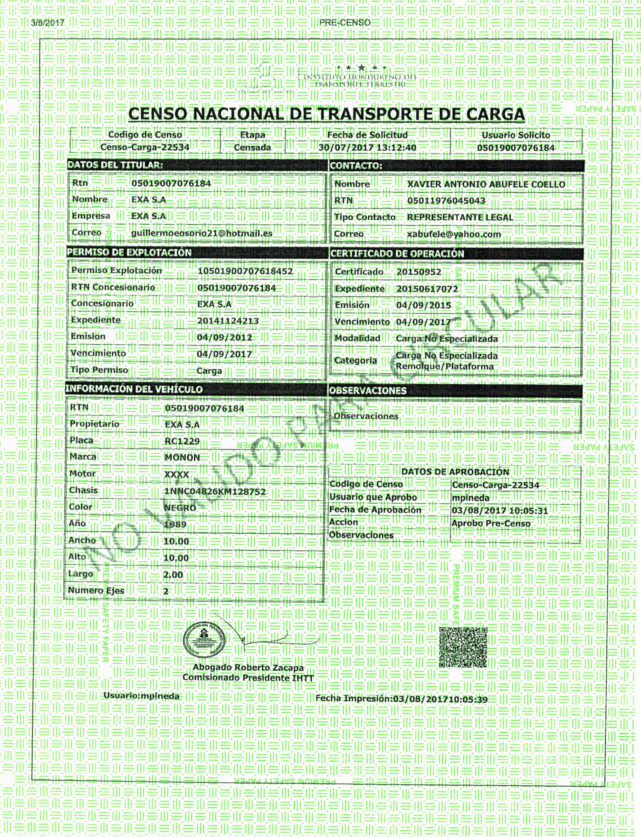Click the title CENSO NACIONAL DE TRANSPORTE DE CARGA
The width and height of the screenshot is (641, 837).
tap(326, 114)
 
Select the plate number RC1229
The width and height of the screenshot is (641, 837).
tap(182, 441)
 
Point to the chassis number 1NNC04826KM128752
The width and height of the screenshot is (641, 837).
tap(215, 492)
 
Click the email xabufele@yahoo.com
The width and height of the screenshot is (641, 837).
tap(454, 234)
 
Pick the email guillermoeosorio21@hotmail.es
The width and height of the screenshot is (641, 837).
tap(202, 233)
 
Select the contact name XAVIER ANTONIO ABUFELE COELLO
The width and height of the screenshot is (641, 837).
tap(486, 184)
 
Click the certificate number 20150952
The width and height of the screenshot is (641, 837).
tap(418, 272)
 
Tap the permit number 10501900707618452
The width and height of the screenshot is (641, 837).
tap(245, 271)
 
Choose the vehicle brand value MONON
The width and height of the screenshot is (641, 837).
tap(182, 458)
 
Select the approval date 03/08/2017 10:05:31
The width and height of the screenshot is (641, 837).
tap(500, 511)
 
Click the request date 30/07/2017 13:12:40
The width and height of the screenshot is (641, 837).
tap(367, 148)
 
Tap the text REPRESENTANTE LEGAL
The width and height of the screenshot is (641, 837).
tap(460, 217)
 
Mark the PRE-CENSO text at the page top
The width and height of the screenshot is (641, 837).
tap(345, 23)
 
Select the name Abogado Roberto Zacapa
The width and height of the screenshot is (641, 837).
tap(248, 667)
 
